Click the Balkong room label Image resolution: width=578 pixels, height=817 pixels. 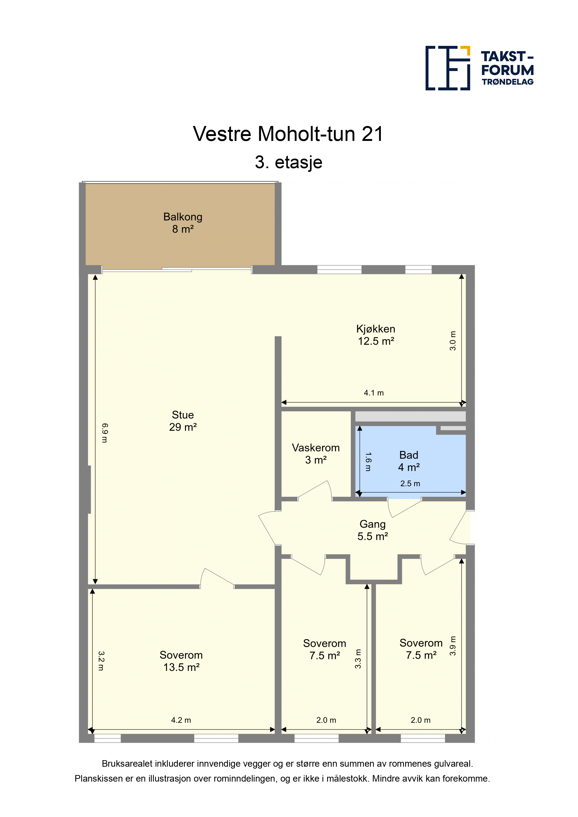point(183,223)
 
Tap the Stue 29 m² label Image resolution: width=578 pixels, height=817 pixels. point(183,421)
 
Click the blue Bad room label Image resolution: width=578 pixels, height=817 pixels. point(409,461)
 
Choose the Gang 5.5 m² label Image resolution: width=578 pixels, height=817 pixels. point(372,530)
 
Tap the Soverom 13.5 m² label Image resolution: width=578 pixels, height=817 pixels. point(181,661)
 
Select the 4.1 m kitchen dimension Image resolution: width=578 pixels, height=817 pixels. point(374,393)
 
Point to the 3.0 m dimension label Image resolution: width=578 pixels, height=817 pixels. point(453,340)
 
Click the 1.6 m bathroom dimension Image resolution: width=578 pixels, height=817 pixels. point(368,462)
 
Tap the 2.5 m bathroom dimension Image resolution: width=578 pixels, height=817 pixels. point(410,483)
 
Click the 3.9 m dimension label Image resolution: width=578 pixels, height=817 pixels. point(453,646)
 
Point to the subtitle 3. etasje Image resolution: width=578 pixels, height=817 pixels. point(289,162)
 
